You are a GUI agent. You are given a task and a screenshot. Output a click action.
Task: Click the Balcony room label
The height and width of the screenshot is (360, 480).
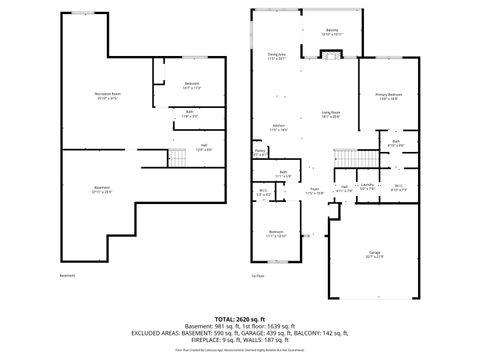click(331, 32)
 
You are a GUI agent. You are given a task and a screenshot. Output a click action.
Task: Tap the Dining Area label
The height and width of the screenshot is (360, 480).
click(277, 56)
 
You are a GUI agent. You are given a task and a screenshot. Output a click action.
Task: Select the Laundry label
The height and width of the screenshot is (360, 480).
click(367, 187)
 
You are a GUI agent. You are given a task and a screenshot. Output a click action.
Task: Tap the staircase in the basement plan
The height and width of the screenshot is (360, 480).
click(177, 156)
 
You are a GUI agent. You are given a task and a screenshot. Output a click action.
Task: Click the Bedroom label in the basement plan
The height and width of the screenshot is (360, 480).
click(192, 85)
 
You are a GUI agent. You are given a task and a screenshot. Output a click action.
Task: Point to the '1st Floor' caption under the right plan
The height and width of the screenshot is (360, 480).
click(258, 275)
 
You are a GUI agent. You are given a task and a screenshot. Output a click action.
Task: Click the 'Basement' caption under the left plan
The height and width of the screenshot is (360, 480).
click(67, 275)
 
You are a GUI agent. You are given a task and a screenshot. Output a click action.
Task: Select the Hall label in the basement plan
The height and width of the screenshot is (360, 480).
click(203, 147)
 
